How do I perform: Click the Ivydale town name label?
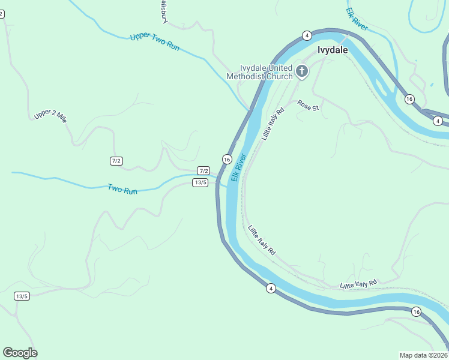[333, 50]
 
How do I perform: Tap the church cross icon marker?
[301, 72]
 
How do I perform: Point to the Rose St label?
[307, 106]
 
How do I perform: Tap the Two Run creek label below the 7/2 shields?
[122, 189]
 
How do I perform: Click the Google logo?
[20, 353]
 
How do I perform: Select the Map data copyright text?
[424, 355]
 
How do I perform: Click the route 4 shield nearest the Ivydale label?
[306, 35]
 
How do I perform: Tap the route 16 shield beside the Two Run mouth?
[226, 159]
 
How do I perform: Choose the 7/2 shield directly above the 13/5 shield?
[203, 171]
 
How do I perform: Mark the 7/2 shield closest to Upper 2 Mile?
[116, 161]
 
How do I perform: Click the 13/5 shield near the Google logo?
[22, 296]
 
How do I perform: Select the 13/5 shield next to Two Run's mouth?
[200, 182]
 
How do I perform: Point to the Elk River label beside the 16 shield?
[239, 167]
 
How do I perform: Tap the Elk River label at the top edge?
[357, 19]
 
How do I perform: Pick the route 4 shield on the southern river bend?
[271, 289]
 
